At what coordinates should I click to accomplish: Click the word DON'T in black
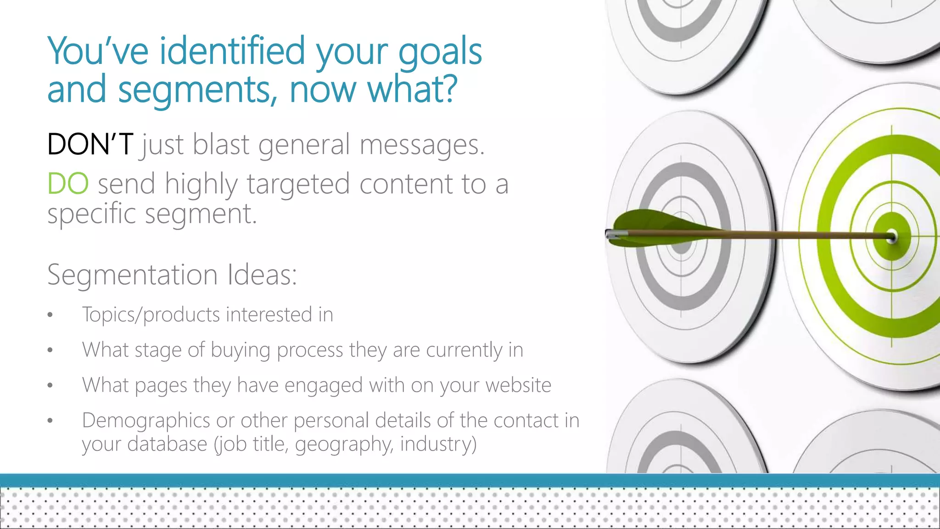(x=90, y=144)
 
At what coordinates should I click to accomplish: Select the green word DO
(x=68, y=184)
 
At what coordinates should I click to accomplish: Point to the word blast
(x=221, y=144)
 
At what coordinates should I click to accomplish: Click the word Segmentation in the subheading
(x=133, y=275)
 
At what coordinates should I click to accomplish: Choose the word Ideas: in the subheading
(x=262, y=275)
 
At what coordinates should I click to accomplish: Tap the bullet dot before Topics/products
(x=50, y=315)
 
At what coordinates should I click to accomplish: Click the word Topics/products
(x=151, y=315)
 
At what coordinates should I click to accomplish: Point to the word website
(x=518, y=385)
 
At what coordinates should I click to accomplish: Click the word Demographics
(x=146, y=421)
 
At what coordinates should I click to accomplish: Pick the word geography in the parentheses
(x=344, y=445)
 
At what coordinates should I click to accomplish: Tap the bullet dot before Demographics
(x=50, y=421)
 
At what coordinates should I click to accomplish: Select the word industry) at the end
(x=438, y=444)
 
